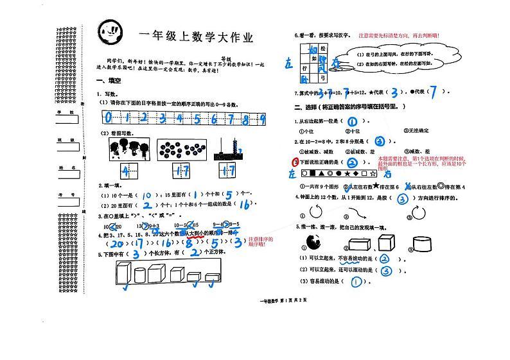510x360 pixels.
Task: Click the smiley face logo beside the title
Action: click(110, 30)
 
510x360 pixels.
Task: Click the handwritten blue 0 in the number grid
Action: click(109, 117)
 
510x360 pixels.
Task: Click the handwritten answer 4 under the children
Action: click(127, 172)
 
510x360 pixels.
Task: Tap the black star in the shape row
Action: click(347, 173)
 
